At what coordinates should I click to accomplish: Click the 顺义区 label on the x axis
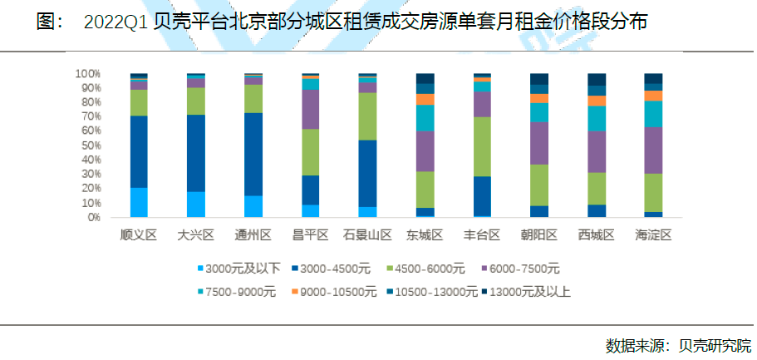(x=139, y=235)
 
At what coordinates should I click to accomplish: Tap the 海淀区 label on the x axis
(x=653, y=235)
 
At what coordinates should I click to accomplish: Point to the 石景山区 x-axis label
(x=367, y=235)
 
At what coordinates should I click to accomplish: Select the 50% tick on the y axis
(x=90, y=145)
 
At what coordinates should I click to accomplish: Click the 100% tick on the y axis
(x=87, y=73)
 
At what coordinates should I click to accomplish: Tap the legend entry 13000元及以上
(x=530, y=292)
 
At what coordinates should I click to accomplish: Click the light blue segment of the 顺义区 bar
(x=139, y=202)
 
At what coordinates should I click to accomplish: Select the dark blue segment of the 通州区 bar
(x=253, y=154)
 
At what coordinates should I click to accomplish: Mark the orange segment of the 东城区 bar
(x=425, y=99)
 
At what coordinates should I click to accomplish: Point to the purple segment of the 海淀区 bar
(x=653, y=150)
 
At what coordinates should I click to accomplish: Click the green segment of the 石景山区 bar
(x=367, y=116)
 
